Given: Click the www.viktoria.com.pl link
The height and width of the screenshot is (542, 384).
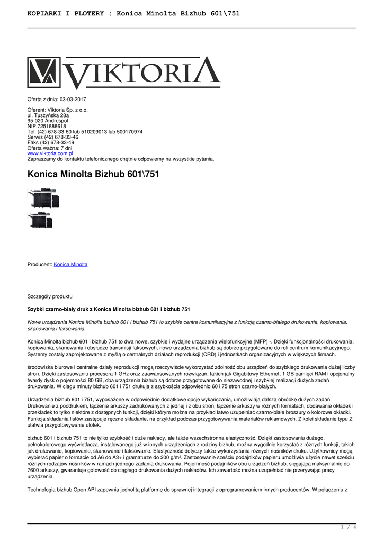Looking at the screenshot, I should click(50, 153).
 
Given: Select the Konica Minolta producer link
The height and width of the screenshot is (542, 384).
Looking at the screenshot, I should click(70, 264).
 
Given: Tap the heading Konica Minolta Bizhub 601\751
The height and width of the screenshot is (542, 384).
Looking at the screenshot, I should click(93, 174).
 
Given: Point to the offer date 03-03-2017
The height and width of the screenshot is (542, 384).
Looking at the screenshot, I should click(73, 100).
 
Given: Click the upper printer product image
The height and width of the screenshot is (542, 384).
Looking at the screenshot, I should click(43, 198).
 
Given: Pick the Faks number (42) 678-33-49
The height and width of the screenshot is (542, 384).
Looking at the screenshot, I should click(56, 143).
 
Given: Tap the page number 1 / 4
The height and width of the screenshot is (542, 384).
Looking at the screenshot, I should click(347, 527).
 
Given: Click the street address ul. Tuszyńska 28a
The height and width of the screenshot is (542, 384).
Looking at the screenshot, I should click(48, 115).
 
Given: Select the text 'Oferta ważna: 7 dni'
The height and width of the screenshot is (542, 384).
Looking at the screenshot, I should click(49, 148).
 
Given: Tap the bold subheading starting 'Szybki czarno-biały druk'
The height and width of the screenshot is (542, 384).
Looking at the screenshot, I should click(109, 309).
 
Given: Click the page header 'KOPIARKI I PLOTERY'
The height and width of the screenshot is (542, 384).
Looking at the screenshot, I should click(66, 13).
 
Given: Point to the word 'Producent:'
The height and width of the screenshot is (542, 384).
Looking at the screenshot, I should click(40, 264).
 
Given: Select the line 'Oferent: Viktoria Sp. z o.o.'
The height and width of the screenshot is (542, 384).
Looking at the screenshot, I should click(58, 110).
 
